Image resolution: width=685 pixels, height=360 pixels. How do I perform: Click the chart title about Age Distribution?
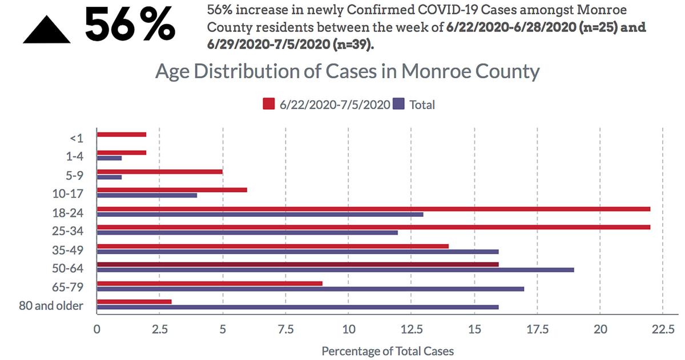pyautogui.click(x=347, y=72)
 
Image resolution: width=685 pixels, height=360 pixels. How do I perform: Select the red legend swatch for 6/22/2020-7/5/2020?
pyautogui.click(x=269, y=104)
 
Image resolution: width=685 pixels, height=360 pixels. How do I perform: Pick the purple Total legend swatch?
pyautogui.click(x=398, y=104)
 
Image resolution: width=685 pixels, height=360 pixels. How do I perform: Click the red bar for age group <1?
pyautogui.click(x=122, y=135)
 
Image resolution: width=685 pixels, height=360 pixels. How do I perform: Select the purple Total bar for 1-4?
pyautogui.click(x=110, y=158)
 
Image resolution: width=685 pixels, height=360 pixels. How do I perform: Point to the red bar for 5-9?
pyautogui.click(x=160, y=171)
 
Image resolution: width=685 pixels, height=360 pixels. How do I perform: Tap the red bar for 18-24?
pyautogui.click(x=374, y=209)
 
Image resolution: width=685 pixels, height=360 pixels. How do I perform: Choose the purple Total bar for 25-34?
pyautogui.click(x=248, y=232)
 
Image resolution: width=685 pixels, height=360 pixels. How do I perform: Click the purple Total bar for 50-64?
pyautogui.click(x=336, y=270)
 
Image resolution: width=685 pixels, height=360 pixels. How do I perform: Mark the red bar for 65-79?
pyautogui.click(x=210, y=284)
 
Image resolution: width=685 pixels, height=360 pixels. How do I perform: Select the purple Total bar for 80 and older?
pyautogui.click(x=298, y=307)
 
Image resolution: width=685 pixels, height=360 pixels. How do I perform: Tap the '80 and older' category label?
pyautogui.click(x=50, y=306)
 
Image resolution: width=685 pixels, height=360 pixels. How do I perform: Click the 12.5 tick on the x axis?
pyautogui.click(x=411, y=329)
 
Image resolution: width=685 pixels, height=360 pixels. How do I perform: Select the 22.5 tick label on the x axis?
pyautogui.click(x=662, y=329)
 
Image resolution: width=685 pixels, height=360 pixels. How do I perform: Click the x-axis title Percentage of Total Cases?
pyautogui.click(x=388, y=351)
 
